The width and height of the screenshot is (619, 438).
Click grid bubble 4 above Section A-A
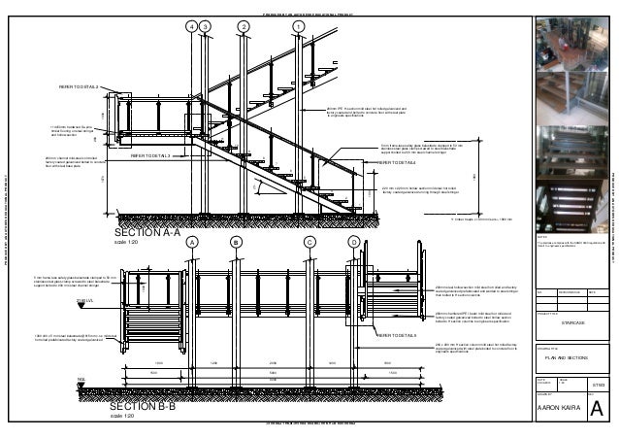click(191, 25)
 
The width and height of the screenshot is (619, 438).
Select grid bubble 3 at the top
click(206, 25)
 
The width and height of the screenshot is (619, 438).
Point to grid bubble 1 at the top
click(299, 25)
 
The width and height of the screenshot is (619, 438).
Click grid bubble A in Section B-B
click(192, 242)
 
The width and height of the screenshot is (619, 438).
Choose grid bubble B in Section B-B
click(235, 242)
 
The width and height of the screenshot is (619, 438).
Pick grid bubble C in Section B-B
click(309, 242)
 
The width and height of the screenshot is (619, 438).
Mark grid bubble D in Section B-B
click(354, 242)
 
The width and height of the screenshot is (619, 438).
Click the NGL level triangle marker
click(82, 383)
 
